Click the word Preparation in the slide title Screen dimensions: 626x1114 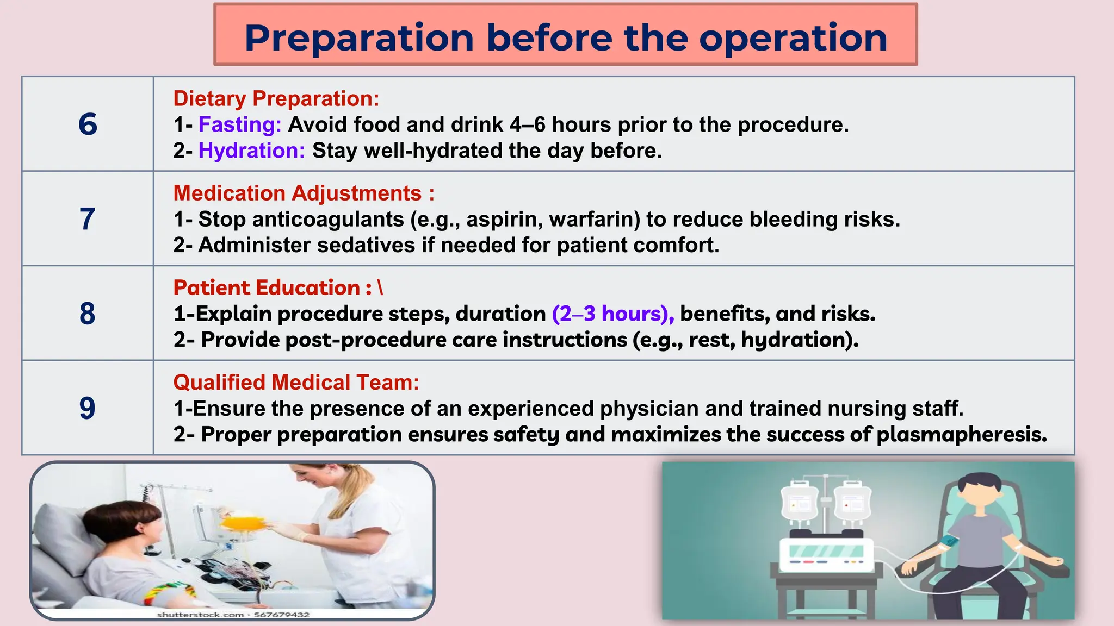coord(359,38)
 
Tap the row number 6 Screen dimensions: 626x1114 coord(88,124)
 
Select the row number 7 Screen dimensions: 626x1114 coord(88,219)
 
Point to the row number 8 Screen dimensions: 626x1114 coord(88,314)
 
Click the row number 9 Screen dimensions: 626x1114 coord(88,408)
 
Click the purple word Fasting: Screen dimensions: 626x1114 coord(239,124)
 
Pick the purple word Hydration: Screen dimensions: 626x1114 coord(251,151)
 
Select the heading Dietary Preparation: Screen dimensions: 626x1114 coord(276,98)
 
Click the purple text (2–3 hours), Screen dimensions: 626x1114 coord(613,314)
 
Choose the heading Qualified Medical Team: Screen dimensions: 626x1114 coord(296,382)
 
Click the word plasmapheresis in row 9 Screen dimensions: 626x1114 coord(961,434)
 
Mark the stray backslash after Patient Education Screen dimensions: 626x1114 coord(380,287)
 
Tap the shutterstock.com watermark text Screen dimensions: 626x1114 coord(200,615)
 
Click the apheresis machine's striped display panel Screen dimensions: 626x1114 coord(826,551)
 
